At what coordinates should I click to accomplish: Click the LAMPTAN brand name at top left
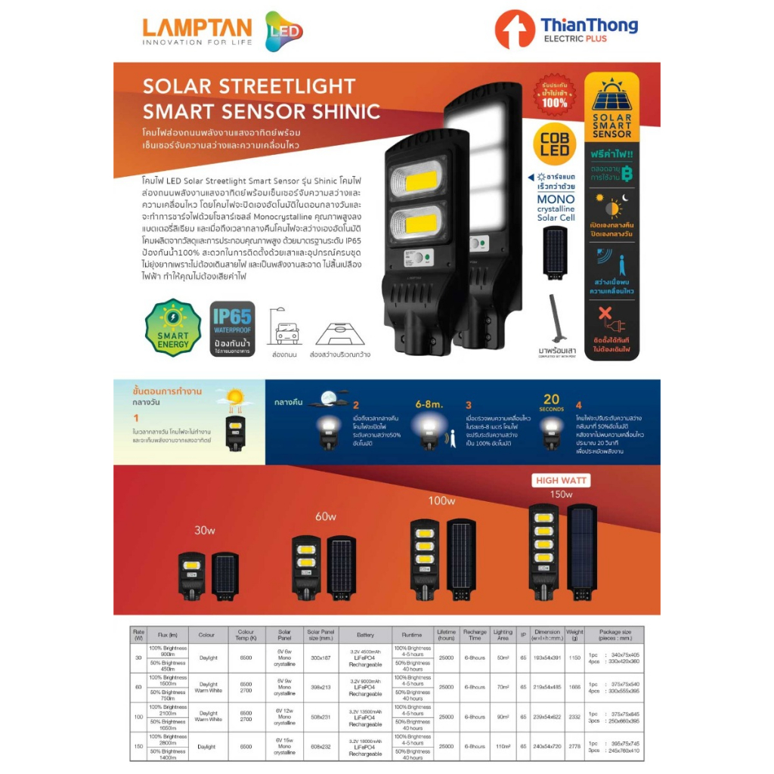coord(197,27)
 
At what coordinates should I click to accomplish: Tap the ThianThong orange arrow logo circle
coord(515,29)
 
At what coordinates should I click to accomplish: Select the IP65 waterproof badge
coord(232,327)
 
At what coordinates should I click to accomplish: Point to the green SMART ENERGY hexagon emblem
coord(173,327)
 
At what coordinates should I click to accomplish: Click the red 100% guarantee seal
coord(554,92)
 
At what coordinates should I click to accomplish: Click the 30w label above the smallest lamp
coord(205,530)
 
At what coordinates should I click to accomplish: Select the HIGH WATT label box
coord(562,480)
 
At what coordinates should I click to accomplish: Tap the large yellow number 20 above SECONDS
coord(552,400)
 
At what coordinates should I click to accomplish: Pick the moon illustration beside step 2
coord(329,398)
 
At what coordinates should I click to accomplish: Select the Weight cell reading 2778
coord(574,745)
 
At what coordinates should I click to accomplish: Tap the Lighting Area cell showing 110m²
coord(503,745)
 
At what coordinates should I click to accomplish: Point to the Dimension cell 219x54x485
coord(546,686)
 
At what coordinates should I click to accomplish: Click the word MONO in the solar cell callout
coord(556,200)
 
